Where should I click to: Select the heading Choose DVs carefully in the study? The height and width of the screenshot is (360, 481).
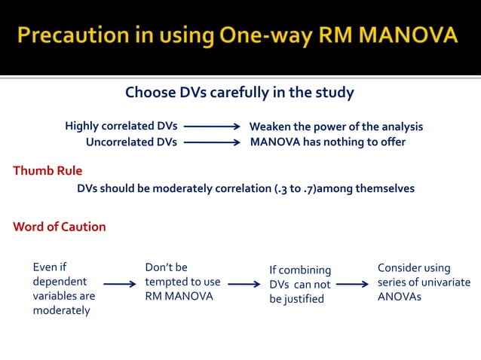tap(239, 93)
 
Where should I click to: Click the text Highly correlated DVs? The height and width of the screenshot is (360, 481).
tap(121, 127)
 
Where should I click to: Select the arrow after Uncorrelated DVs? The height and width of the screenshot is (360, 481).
tap(211, 142)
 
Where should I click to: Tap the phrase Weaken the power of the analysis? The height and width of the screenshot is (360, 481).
tap(335, 127)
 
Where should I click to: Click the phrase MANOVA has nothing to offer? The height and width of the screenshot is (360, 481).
tap(327, 142)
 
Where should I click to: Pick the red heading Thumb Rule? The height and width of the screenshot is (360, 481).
tap(47, 170)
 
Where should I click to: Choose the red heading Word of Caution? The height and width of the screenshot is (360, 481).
tap(60, 227)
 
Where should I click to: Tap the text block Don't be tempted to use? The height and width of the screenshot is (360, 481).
tap(182, 282)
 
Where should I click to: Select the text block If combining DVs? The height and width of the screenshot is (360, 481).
tap(300, 285)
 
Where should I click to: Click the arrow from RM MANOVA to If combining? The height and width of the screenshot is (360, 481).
tap(244, 285)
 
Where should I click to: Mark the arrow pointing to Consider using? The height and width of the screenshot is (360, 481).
tap(353, 285)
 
